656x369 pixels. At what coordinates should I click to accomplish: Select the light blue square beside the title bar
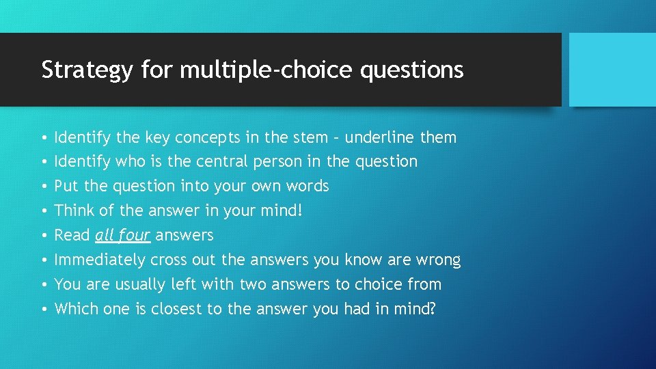coord(612,70)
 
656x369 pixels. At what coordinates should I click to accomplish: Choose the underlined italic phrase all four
coord(122,236)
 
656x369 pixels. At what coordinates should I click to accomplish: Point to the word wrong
coord(440,260)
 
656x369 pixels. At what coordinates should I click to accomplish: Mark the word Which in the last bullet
coord(77,310)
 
